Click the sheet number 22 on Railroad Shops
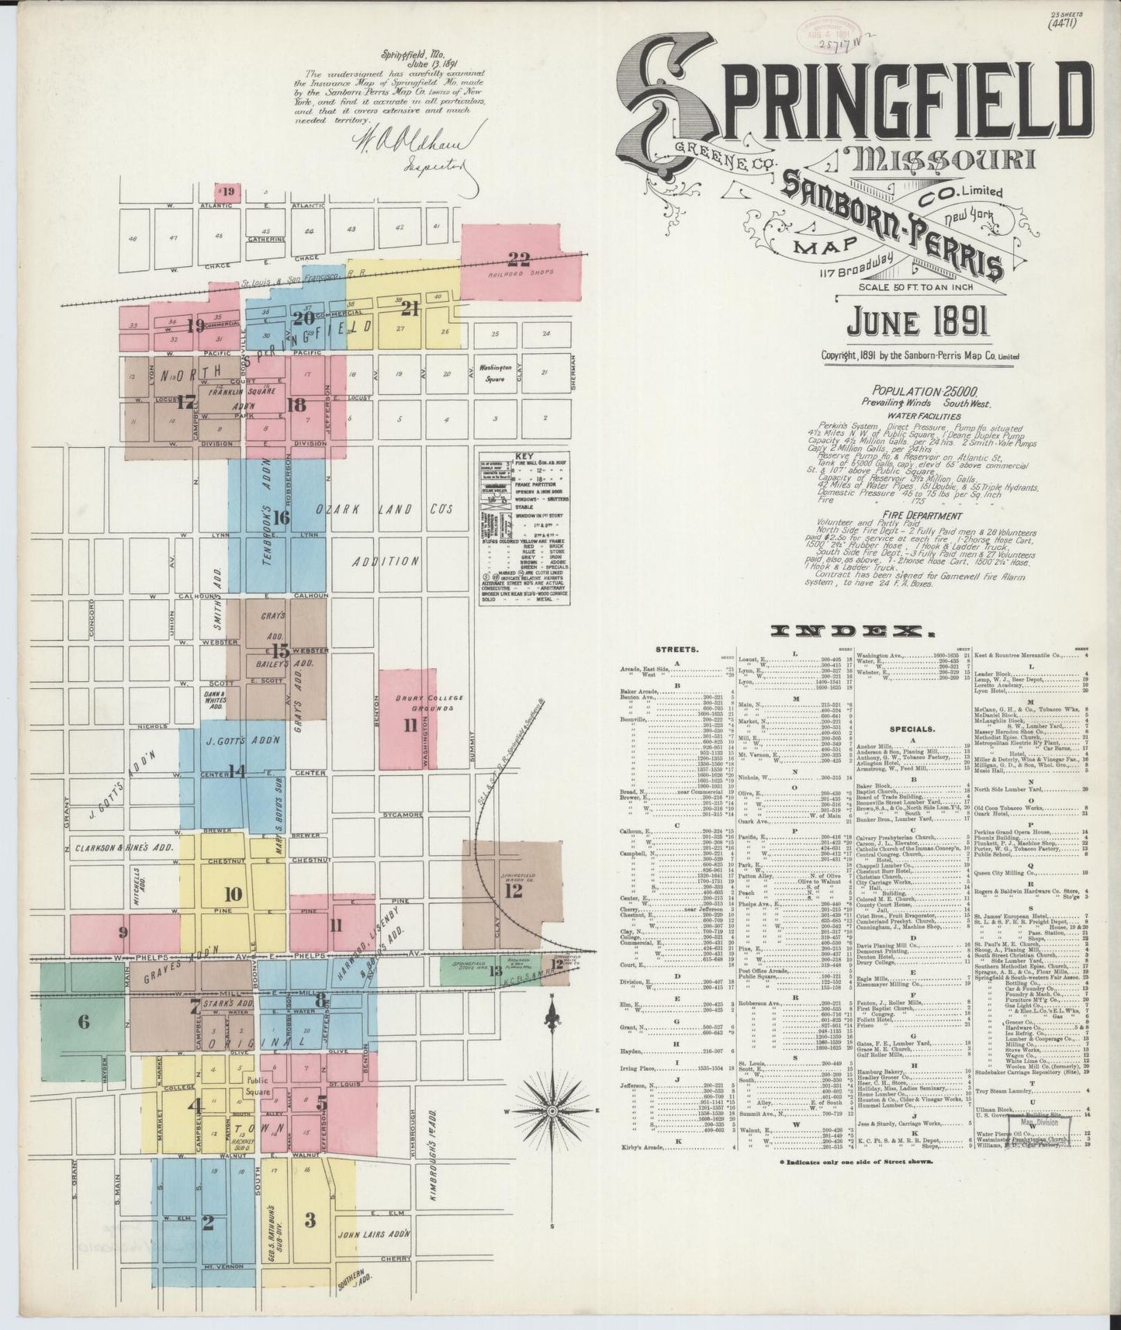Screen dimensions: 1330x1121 [x=517, y=258]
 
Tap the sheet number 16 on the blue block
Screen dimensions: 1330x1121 [x=281, y=518]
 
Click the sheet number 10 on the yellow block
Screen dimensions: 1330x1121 [x=233, y=892]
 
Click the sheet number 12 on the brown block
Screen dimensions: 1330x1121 [x=513, y=891]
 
